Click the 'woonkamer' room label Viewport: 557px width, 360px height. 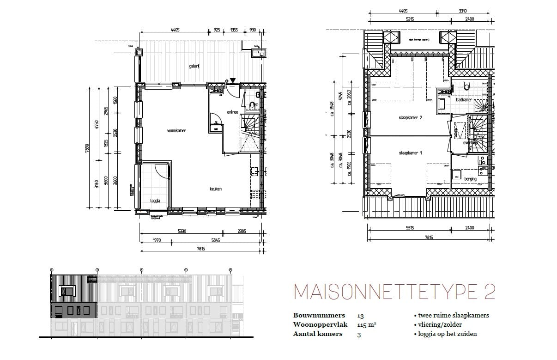176,131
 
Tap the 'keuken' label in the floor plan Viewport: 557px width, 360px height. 215,189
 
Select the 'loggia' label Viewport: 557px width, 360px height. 155,201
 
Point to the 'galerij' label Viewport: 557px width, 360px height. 194,66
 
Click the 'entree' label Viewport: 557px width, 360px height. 232,112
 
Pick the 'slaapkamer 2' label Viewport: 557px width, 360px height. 411,118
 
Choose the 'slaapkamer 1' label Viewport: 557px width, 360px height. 411,153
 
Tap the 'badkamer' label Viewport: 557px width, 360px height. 464,100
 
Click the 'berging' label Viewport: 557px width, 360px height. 470,179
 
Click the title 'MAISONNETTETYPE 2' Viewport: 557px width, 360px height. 394,292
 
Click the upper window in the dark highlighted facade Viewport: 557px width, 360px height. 68,291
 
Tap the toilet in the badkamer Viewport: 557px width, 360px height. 467,86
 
